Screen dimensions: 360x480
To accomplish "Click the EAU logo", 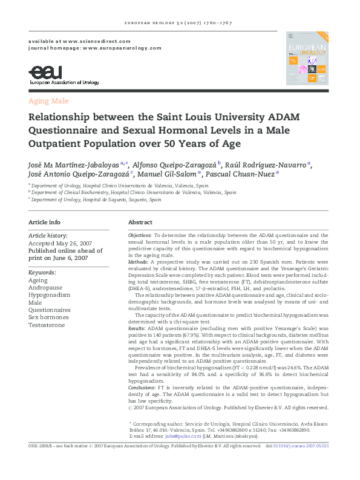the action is point(44,74).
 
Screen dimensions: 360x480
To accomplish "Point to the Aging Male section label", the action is point(49,101).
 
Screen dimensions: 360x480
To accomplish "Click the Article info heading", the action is point(45,222).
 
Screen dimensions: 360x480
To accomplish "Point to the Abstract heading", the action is point(140,222).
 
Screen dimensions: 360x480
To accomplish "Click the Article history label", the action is point(48,235).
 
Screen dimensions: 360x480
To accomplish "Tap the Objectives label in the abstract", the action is point(140,235).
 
